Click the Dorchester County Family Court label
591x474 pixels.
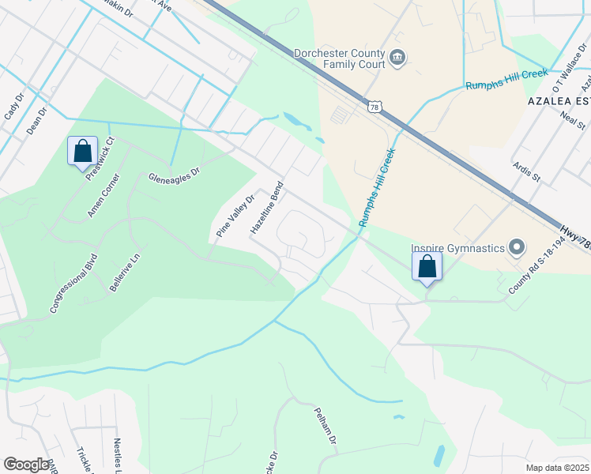pos(339,59)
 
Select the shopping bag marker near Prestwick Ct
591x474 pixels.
pos(83,150)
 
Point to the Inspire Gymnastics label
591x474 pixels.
pos(457,248)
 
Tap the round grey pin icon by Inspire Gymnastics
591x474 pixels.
pos(518,248)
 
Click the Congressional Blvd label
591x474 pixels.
pos(73,283)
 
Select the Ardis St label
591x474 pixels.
pos(525,171)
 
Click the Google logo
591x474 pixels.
pos(26,465)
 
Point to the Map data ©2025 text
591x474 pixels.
pos(557,468)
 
